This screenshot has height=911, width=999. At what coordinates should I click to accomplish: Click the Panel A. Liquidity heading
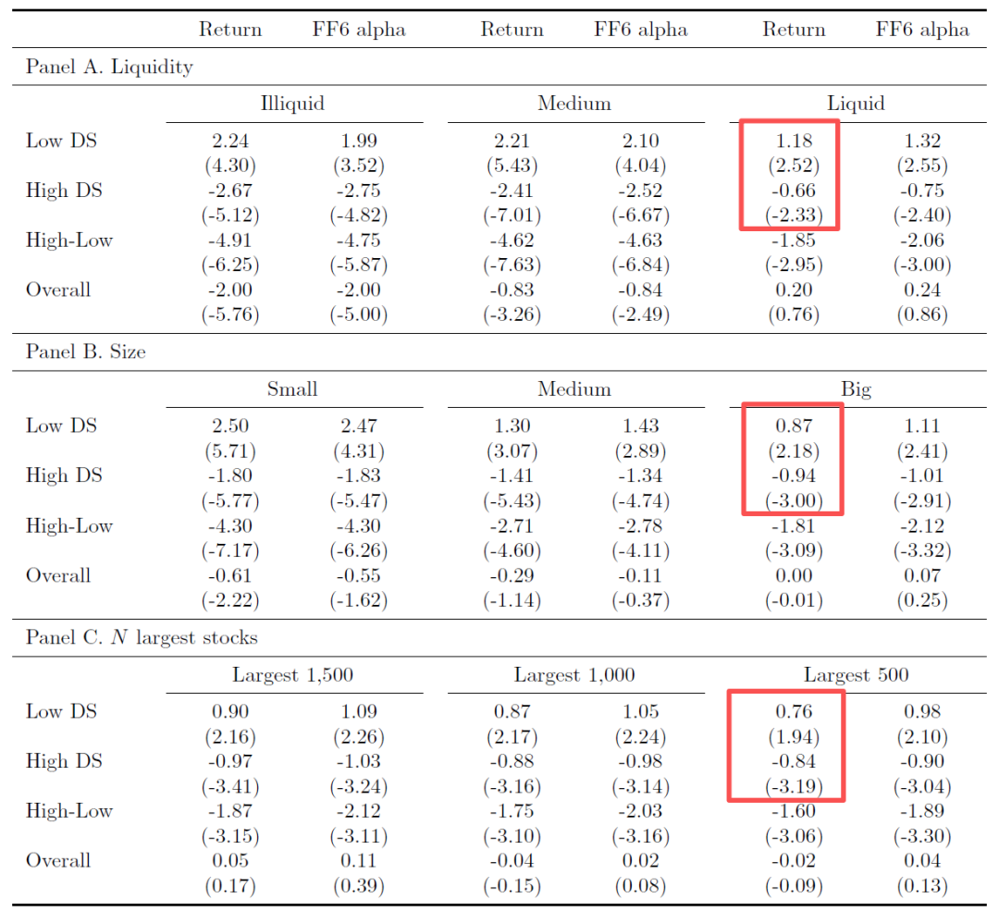click(109, 67)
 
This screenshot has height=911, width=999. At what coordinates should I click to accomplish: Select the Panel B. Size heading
click(85, 351)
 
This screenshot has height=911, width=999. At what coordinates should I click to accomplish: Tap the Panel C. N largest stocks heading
click(142, 637)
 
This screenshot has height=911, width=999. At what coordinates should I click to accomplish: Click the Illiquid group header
click(292, 103)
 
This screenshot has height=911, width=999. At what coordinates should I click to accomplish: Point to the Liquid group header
click(856, 103)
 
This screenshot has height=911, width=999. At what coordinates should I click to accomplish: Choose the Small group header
click(292, 388)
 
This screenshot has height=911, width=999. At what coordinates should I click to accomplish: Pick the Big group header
click(856, 388)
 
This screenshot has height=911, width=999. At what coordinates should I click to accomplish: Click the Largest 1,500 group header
click(292, 674)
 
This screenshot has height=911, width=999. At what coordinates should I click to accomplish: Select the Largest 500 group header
click(856, 674)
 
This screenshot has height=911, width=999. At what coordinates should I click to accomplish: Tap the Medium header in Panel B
click(574, 388)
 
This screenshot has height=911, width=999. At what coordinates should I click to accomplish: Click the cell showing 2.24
click(230, 141)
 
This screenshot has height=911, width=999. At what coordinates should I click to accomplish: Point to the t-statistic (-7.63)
click(512, 265)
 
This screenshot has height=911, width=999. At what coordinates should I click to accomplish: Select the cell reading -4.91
click(230, 240)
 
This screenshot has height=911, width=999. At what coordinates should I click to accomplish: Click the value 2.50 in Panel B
click(230, 426)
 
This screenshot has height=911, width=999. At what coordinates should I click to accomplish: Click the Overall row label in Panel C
click(58, 860)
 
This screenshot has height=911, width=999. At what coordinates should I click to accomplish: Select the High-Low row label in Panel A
click(69, 240)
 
